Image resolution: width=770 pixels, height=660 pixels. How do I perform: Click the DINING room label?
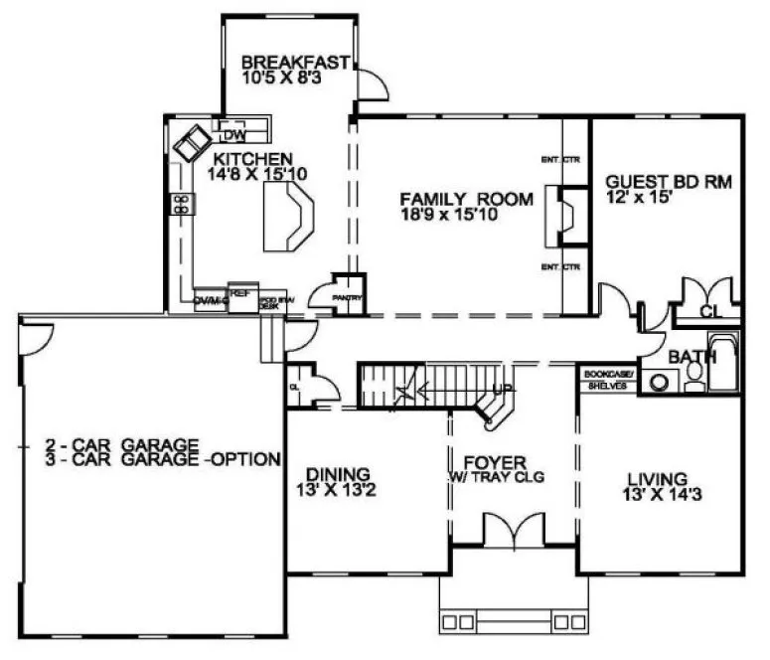pyautogui.click(x=338, y=473)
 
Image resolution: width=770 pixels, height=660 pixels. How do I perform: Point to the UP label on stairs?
pyautogui.click(x=504, y=389)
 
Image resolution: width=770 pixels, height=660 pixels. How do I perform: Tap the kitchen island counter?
pyautogui.click(x=289, y=220)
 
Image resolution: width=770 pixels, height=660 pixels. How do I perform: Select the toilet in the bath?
pyautogui.click(x=694, y=374)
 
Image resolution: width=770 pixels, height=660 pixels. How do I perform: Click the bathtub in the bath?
pyautogui.click(x=726, y=365)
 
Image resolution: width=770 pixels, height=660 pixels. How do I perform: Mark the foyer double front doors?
pyautogui.click(x=514, y=531)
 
